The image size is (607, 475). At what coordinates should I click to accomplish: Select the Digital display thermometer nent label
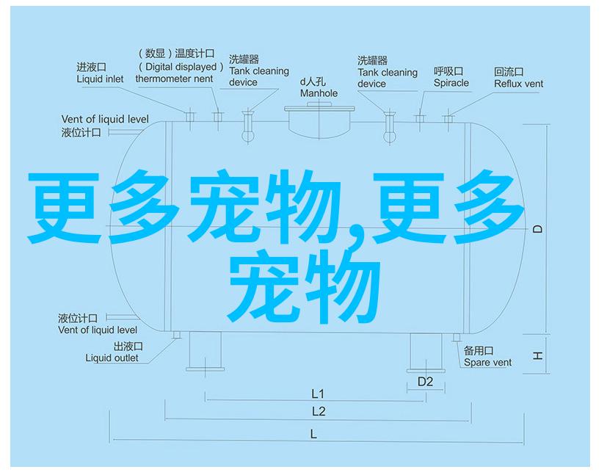click(x=175, y=66)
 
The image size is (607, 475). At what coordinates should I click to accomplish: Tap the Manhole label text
click(x=319, y=88)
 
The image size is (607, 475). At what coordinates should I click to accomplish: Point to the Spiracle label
click(x=451, y=77)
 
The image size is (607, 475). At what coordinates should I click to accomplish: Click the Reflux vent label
click(x=518, y=78)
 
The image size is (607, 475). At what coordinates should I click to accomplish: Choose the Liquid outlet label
click(x=112, y=352)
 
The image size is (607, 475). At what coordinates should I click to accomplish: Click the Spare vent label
click(x=487, y=357)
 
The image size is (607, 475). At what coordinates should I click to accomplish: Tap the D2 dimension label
click(x=426, y=381)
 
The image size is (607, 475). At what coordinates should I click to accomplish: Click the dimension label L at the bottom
click(x=313, y=434)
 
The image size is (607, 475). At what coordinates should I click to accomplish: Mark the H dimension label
click(x=537, y=355)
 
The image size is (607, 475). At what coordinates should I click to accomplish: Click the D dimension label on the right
click(x=537, y=230)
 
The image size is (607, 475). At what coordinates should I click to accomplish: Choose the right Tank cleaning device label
click(x=387, y=72)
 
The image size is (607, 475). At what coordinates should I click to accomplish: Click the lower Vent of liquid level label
click(x=98, y=324)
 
